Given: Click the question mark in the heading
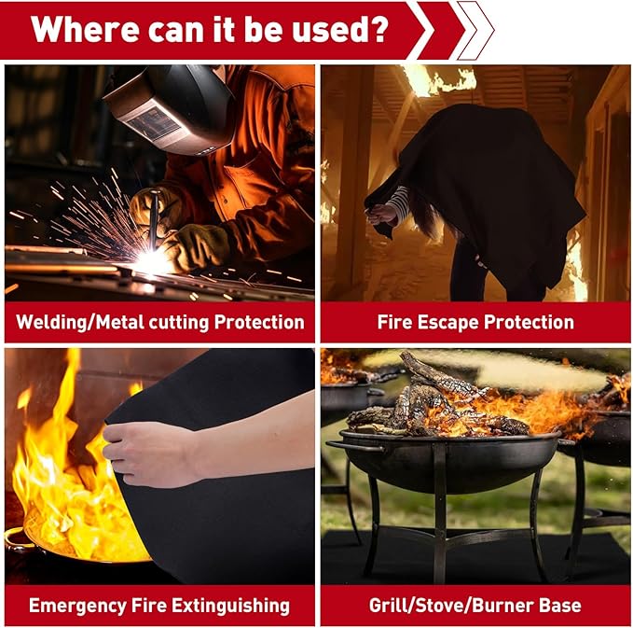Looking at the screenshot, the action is pyautogui.click(x=378, y=28).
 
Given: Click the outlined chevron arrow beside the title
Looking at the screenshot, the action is pyautogui.click(x=475, y=30).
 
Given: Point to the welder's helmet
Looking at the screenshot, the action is pyautogui.click(x=169, y=109).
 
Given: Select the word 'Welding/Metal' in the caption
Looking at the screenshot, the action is pyautogui.click(x=79, y=323).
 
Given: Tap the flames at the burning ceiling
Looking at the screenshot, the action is pyautogui.click(x=440, y=81).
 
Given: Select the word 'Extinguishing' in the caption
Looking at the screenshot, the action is pyautogui.click(x=230, y=607).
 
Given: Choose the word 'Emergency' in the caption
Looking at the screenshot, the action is pyautogui.click(x=77, y=607).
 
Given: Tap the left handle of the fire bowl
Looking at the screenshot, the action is pyautogui.click(x=355, y=446).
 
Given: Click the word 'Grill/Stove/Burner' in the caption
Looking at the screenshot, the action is pyautogui.click(x=450, y=606).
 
